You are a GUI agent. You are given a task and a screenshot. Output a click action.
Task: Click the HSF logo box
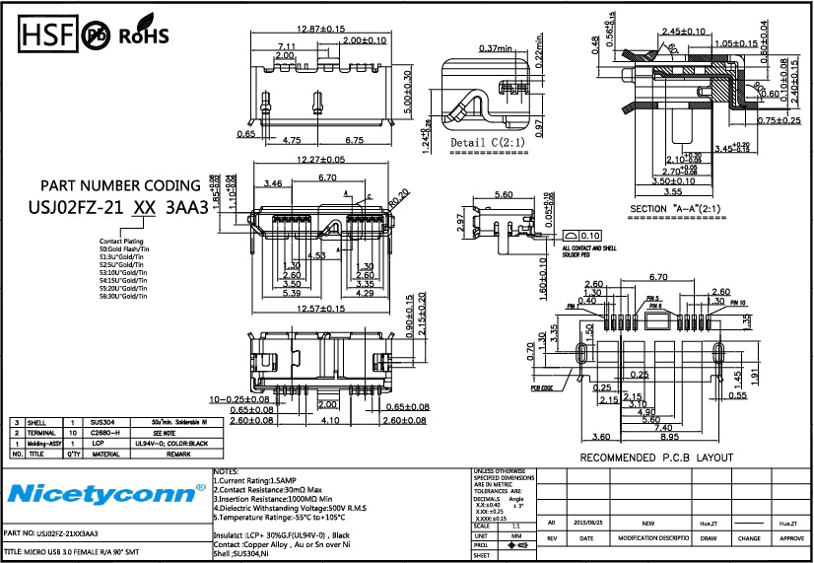47,36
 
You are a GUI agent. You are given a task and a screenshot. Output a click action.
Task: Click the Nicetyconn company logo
99,491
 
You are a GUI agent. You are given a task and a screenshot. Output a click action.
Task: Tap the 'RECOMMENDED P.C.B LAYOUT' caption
655,457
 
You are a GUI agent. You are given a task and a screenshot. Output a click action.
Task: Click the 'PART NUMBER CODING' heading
120,185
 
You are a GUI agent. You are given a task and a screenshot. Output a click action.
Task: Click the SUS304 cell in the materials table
102,421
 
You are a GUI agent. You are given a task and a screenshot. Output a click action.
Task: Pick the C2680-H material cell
104,433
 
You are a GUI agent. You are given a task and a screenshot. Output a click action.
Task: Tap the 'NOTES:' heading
226,472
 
